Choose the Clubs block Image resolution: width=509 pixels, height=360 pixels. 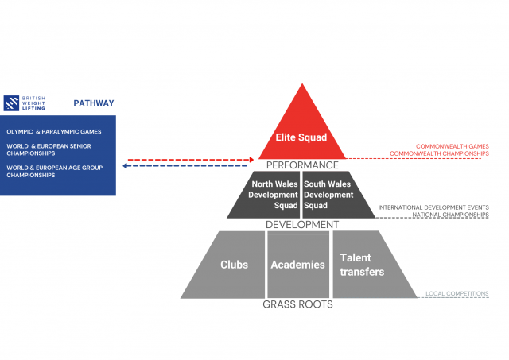pyautogui.click(x=234, y=265)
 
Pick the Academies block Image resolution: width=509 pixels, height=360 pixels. pyautogui.click(x=297, y=265)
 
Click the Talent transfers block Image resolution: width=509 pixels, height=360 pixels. pyautogui.click(x=362, y=265)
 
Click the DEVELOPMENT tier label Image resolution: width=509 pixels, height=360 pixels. pyautogui.click(x=301, y=225)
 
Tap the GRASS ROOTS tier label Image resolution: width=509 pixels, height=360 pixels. pyautogui.click(x=298, y=304)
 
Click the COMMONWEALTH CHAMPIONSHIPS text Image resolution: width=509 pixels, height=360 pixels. pyautogui.click(x=441, y=153)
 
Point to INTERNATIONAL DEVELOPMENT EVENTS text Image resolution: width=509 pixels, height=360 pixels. pyautogui.click(x=433, y=207)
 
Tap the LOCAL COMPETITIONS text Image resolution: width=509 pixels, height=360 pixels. pyautogui.click(x=457, y=293)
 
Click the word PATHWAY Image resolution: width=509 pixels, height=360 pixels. pyautogui.click(x=94, y=103)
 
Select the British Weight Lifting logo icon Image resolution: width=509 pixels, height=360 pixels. pyautogui.click(x=12, y=103)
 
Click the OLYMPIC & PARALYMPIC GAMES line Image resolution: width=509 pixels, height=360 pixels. pyautogui.click(x=54, y=131)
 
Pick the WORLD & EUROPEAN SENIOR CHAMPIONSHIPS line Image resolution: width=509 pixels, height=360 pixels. pyautogui.click(x=54, y=149)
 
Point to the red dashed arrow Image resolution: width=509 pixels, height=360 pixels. pyautogui.click(x=191, y=159)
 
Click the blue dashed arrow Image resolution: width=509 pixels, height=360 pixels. pyautogui.click(x=191, y=167)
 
